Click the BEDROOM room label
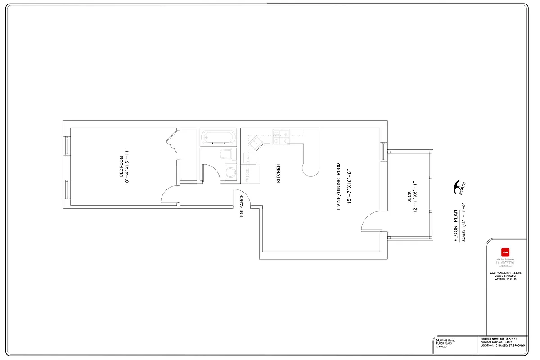coord(121,166)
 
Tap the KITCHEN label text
coord(279,173)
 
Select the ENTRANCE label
coord(242,206)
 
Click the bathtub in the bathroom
coord(217,136)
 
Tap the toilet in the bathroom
coord(227,155)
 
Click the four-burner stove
coord(281,137)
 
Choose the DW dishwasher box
coord(248,158)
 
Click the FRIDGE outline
coord(252,174)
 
